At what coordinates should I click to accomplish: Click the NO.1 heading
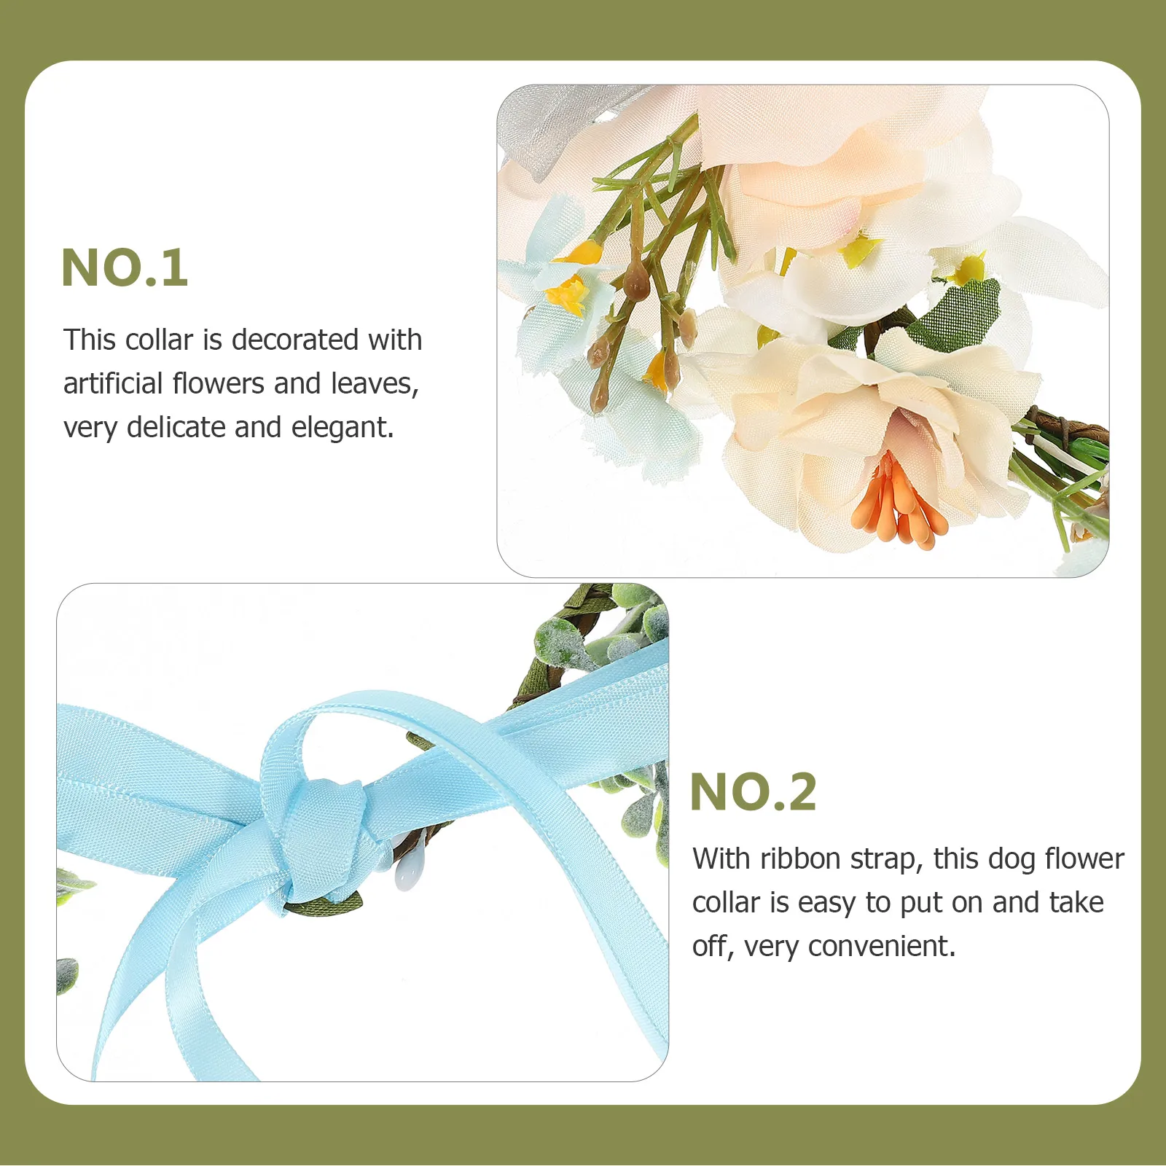pyautogui.click(x=125, y=267)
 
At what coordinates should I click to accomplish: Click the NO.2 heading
pyautogui.click(x=753, y=792)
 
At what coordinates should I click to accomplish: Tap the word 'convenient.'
pyautogui.click(x=882, y=947)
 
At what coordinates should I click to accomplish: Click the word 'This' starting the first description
pyautogui.click(x=90, y=340)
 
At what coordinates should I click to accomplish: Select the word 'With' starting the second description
pyautogui.click(x=721, y=859)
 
